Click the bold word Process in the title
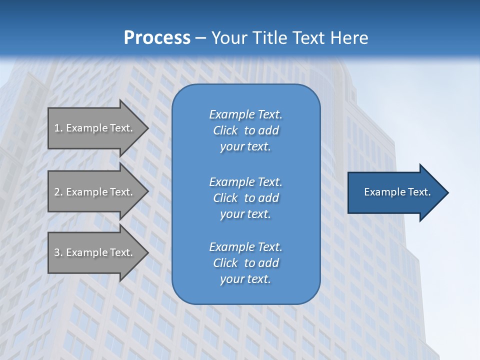(157, 38)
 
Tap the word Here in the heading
(349, 38)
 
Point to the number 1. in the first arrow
(58, 128)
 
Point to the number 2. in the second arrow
(58, 192)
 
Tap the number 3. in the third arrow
(58, 252)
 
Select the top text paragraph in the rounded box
(245, 130)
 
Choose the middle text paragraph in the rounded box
(245, 198)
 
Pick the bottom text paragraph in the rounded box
(245, 263)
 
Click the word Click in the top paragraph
(225, 130)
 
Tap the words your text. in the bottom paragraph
(245, 279)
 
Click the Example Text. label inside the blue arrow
(397, 192)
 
